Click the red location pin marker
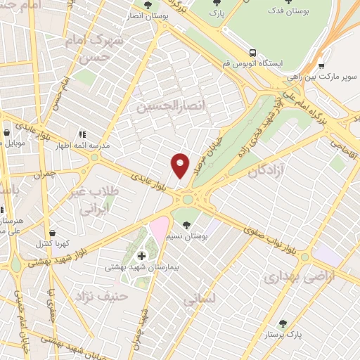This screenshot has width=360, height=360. point(180,165)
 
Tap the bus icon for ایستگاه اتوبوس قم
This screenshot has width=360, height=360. point(252,53)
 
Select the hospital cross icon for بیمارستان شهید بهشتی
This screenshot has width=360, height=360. point(141,255)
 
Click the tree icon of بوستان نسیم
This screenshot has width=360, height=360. point(186,226)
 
